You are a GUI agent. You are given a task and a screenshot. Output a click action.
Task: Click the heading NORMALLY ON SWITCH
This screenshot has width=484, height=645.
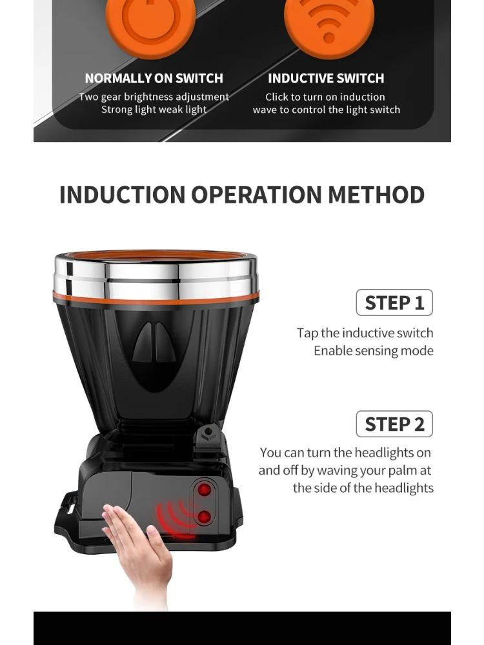click(154, 79)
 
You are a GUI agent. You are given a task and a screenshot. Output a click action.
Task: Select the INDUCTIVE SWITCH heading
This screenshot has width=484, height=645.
click(326, 79)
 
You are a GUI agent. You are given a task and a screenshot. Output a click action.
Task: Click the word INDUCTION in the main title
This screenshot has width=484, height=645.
click(122, 195)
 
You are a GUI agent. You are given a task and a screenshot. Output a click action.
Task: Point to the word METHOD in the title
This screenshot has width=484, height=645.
click(377, 195)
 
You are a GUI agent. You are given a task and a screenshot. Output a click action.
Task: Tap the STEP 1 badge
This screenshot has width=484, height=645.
click(394, 303)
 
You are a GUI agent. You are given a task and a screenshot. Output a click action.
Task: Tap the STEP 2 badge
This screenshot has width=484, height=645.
click(394, 424)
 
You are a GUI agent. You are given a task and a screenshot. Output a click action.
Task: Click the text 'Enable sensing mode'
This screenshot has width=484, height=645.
click(373, 351)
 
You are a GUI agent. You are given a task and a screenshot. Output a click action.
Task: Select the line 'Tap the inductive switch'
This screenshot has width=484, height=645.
click(365, 333)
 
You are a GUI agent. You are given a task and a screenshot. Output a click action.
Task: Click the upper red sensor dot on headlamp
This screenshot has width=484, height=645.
click(205, 490)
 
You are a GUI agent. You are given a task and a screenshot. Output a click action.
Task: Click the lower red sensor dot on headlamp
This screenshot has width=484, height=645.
click(205, 517)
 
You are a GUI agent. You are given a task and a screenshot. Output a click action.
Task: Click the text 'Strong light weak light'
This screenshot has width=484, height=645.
click(154, 110)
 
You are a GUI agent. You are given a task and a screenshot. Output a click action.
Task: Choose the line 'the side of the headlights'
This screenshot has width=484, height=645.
click(363, 488)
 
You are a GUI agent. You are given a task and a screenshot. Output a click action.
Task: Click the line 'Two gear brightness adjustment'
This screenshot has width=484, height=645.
click(154, 97)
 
